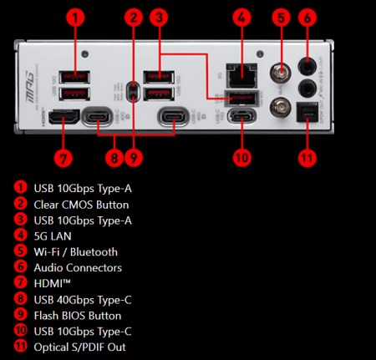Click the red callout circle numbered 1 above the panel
75,16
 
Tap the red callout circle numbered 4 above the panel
241,16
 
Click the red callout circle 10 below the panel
241,156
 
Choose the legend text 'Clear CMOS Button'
82,204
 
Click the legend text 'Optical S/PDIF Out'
80,347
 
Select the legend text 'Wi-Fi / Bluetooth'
75,251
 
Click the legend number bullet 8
19,300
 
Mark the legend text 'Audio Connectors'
78,267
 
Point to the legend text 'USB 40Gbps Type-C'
83,300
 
